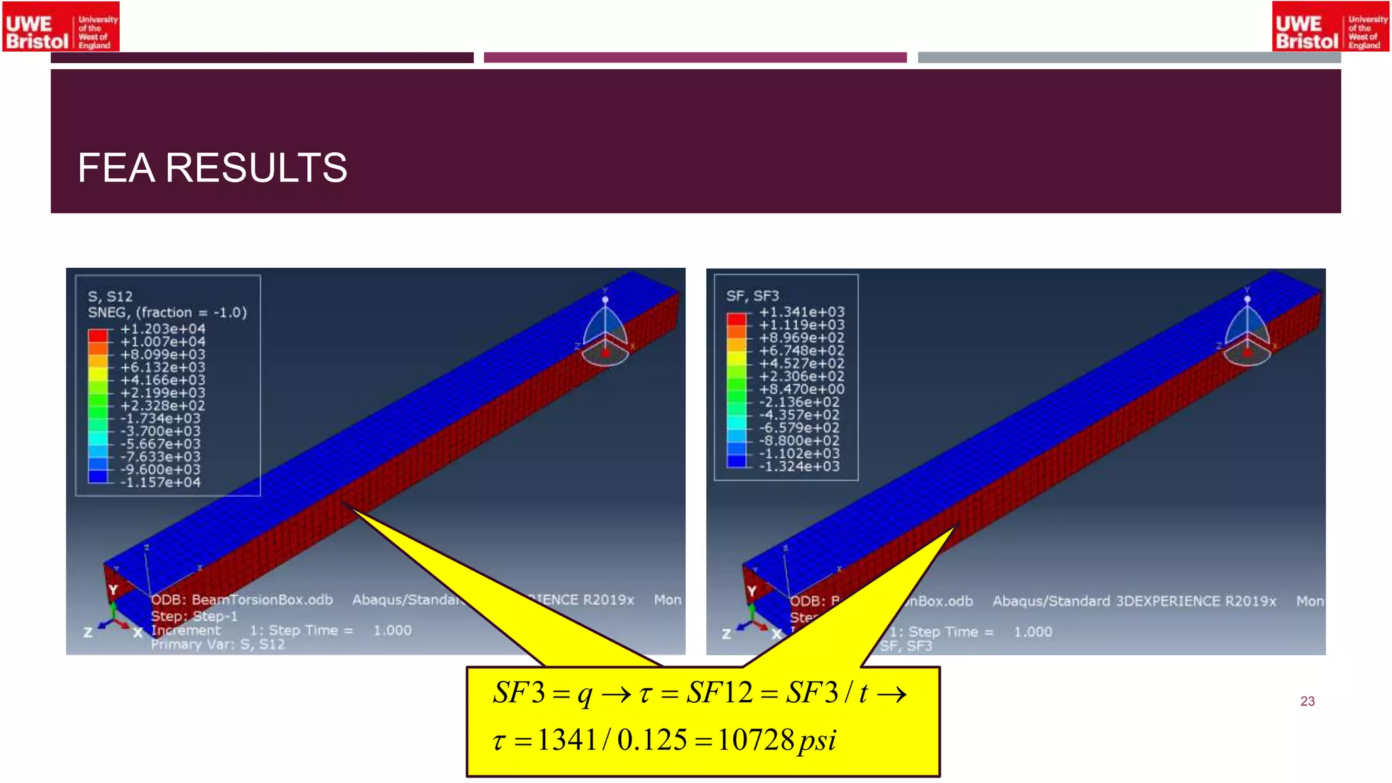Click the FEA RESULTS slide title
(212, 168)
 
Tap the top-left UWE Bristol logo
(61, 27)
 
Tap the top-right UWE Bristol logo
(1330, 27)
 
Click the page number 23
(1307, 701)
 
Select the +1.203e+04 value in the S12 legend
(162, 329)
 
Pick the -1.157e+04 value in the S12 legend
(160, 483)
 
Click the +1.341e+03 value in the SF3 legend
(801, 312)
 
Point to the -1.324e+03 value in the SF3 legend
(799, 466)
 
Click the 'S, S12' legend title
(110, 296)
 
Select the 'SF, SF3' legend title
(752, 296)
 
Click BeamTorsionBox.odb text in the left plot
(262, 599)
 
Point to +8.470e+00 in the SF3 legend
(801, 389)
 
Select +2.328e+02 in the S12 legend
(162, 406)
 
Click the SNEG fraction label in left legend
(167, 313)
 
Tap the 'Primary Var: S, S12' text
(217, 644)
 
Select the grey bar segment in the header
(1129, 58)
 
